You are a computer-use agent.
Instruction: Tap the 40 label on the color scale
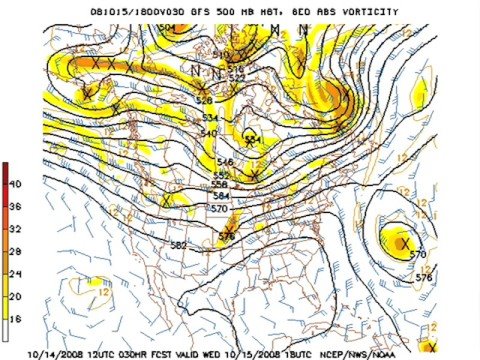(x=15, y=184)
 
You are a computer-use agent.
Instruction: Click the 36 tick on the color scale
(x=15, y=206)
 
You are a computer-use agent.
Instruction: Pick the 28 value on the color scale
(x=15, y=251)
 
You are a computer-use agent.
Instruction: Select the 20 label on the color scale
(x=15, y=295)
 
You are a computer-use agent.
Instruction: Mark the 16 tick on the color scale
(x=15, y=317)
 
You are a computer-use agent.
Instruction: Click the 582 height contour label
(x=178, y=245)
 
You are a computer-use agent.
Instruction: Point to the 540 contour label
(x=208, y=133)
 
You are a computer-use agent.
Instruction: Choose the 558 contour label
(x=220, y=184)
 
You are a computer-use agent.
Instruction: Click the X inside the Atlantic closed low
(x=405, y=242)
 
